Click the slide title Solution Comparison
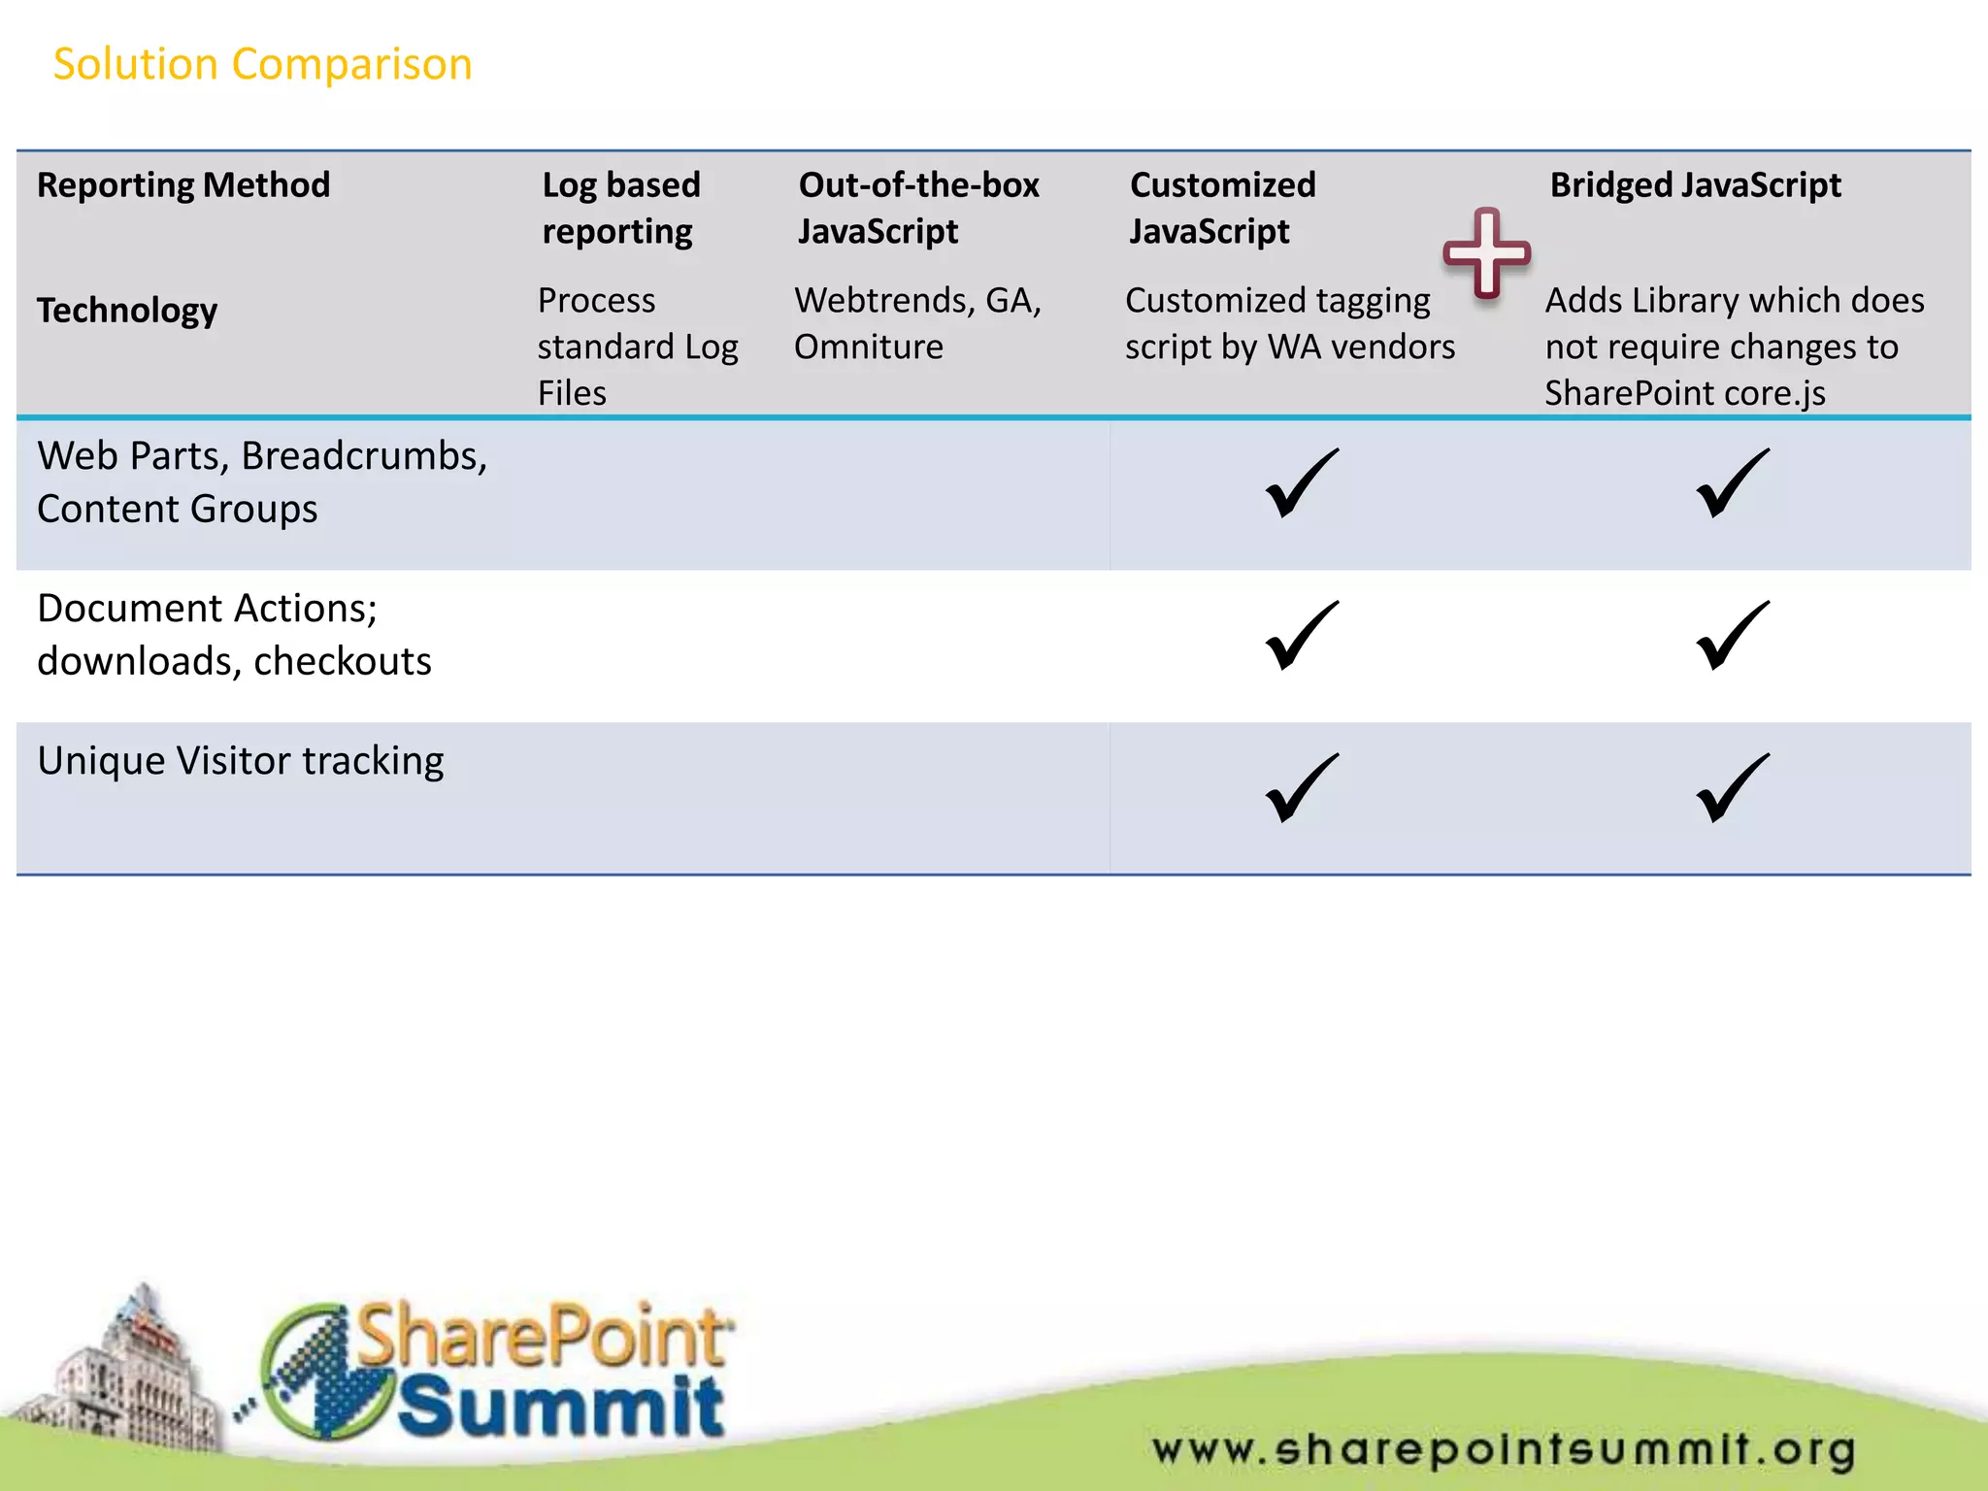[262, 64]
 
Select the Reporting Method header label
[183, 184]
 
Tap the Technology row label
[127, 310]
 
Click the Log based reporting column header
[621, 208]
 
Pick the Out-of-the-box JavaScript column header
[918, 208]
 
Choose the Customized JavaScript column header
[1222, 208]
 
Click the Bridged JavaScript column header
[1695, 184]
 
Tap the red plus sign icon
[1486, 253]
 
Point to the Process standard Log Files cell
[638, 347]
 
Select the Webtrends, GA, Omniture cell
[917, 323]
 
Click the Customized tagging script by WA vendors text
[1290, 323]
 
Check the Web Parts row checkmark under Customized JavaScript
[1302, 483]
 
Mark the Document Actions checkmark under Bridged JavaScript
[1732, 636]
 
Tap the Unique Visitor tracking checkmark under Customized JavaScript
[1302, 788]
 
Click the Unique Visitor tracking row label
[241, 760]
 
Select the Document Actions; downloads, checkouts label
[234, 635]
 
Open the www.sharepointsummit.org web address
[1504, 1450]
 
